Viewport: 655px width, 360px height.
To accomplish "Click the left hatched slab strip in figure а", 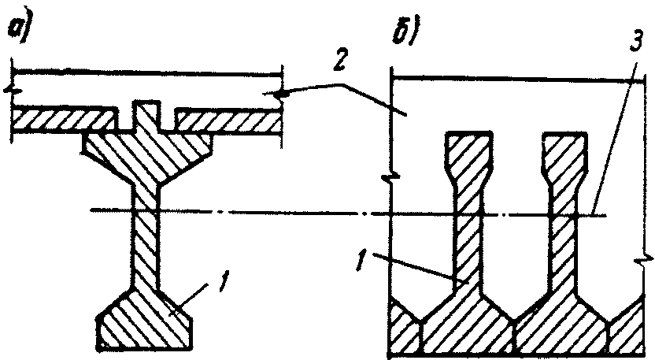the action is pyautogui.click(x=59, y=120).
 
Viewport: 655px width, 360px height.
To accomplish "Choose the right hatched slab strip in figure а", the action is pyautogui.click(x=228, y=120).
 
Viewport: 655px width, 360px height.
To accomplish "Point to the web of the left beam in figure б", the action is pyautogui.click(x=470, y=236).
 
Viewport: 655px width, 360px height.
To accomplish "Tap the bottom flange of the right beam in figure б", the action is pyautogui.click(x=564, y=327).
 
